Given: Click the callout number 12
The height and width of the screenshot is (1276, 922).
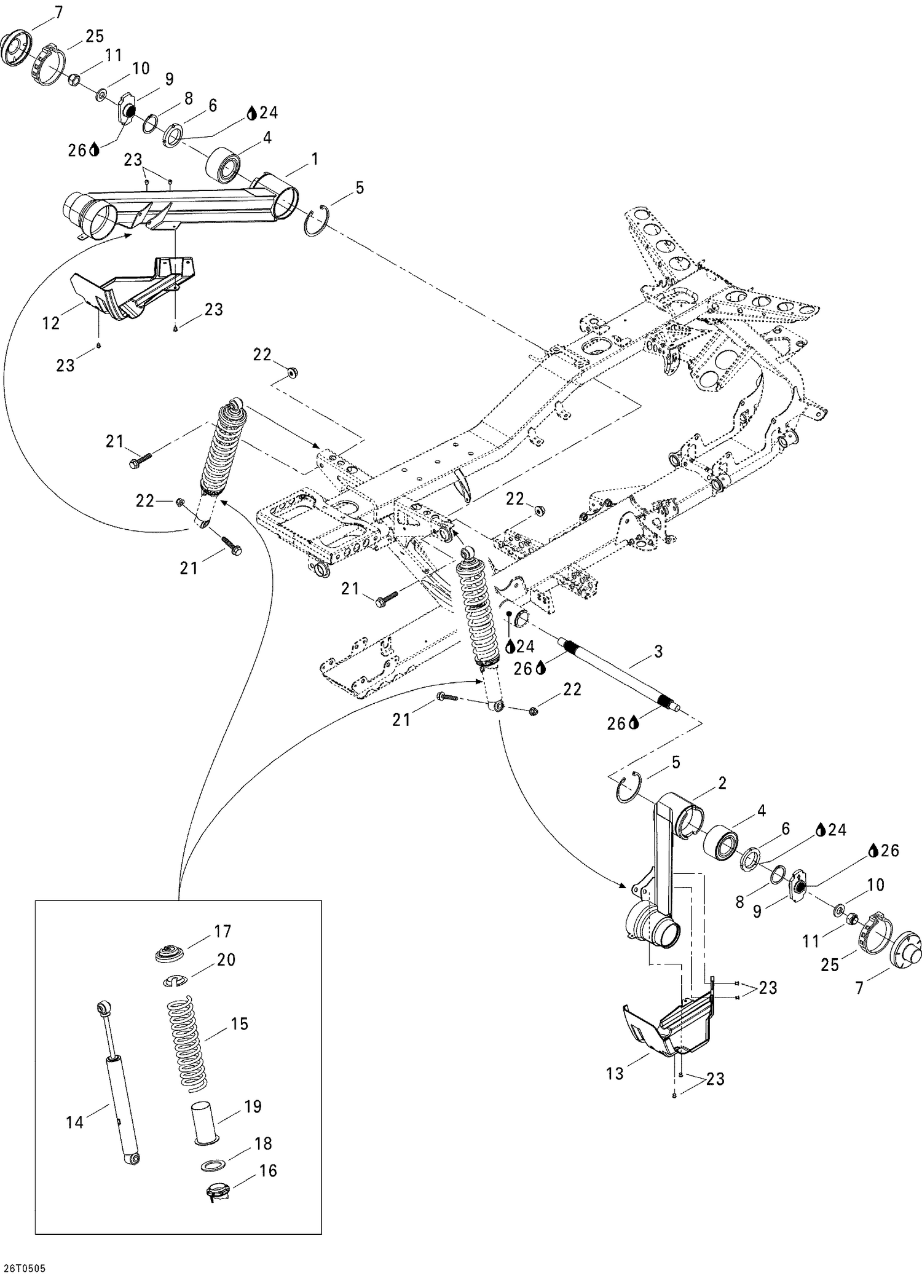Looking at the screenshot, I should tap(51, 322).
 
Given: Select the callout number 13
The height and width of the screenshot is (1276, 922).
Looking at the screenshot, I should tap(615, 1074).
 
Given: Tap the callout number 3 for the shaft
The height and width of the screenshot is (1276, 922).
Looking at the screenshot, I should tap(658, 652).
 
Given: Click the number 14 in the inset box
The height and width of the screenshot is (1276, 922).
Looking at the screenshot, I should tap(74, 1122).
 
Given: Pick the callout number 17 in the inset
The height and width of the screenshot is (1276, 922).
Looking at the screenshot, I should tap(223, 931).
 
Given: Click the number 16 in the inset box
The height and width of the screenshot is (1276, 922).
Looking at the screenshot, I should tap(268, 1170).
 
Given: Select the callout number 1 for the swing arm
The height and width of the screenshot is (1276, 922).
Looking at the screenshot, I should tap(315, 160).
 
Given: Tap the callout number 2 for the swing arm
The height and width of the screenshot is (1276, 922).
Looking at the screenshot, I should tap(722, 783).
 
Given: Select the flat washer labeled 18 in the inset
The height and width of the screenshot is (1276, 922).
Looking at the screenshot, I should tap(213, 1165).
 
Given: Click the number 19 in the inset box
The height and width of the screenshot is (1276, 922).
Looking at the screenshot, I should tap(253, 1106).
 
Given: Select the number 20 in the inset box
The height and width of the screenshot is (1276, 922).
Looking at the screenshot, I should tap(226, 959).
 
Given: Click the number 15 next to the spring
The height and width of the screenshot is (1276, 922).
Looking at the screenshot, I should tap(239, 1024).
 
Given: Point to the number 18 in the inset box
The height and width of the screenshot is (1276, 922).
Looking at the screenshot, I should tap(263, 1143).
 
